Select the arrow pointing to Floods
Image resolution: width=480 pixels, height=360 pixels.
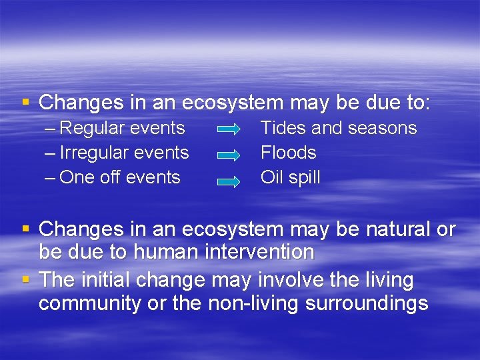pos(229,155)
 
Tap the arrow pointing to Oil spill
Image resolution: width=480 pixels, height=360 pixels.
pos(229,179)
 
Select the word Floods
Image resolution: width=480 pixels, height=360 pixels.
pos(288,153)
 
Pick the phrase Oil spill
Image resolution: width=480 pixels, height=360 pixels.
pos(290,177)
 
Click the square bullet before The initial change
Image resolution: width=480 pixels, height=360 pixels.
pos(25,279)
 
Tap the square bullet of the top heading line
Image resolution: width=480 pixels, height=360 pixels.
pos(25,102)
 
